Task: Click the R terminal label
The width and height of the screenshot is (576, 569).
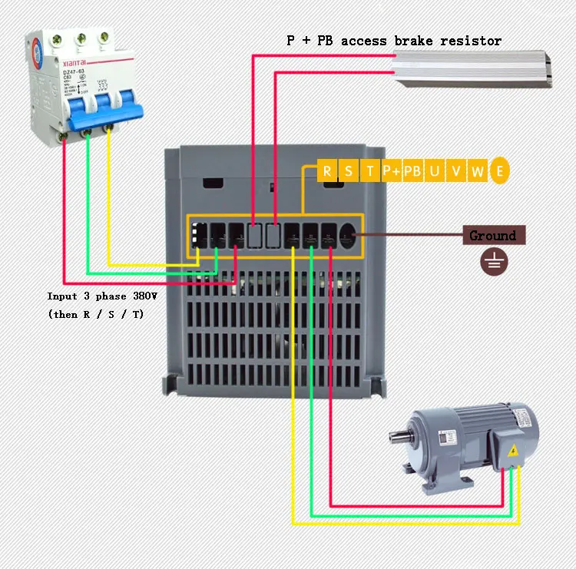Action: pyautogui.click(x=327, y=171)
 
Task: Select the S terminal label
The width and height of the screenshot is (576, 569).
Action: pyautogui.click(x=349, y=171)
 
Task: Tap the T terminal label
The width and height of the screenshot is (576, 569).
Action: pyautogui.click(x=370, y=171)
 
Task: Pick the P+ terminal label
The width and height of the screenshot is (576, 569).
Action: pyautogui.click(x=392, y=171)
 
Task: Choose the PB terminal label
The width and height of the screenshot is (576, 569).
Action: pyautogui.click(x=413, y=171)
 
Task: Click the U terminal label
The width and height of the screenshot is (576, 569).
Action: pyautogui.click(x=435, y=171)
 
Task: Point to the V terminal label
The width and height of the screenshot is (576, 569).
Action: pyautogui.click(x=456, y=171)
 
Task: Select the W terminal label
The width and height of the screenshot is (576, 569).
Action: pyautogui.click(x=477, y=171)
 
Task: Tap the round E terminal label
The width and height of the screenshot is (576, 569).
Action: pyautogui.click(x=500, y=171)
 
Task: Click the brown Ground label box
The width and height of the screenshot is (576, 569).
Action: pyautogui.click(x=494, y=236)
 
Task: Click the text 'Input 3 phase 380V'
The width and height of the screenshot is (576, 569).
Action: pyautogui.click(x=101, y=296)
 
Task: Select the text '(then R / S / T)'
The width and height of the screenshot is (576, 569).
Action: pyautogui.click(x=95, y=315)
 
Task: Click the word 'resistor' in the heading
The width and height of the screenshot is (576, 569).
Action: pyautogui.click(x=471, y=41)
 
